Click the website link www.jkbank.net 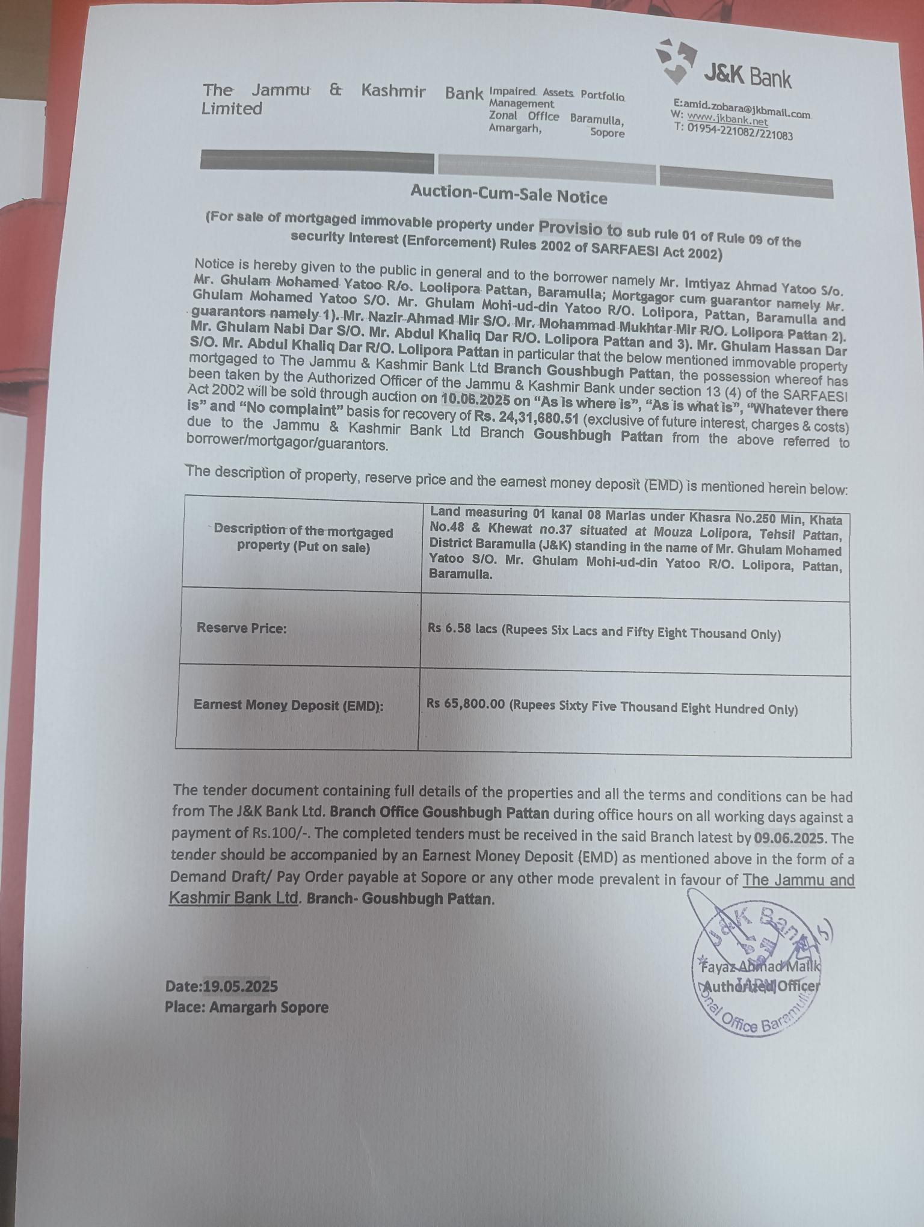pos(727,120)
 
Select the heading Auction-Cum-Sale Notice pos(508,194)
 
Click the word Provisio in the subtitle pos(572,227)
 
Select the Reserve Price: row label pos(241,629)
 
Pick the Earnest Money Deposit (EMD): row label pos(288,706)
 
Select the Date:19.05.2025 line pos(221,986)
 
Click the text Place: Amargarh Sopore pos(247,1007)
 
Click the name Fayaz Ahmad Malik pos(759,967)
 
